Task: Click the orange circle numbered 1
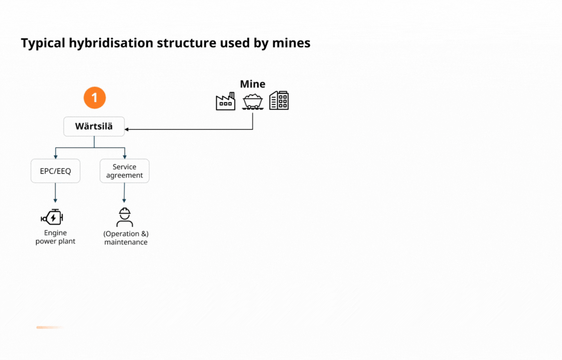[x=94, y=98]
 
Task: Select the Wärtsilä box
[x=94, y=126]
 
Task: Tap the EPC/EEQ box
[x=55, y=171]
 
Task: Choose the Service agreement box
[x=125, y=171]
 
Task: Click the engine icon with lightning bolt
[x=52, y=218]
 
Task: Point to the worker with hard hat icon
[x=125, y=217]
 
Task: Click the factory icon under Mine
[x=225, y=101]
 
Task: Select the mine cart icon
[x=253, y=101]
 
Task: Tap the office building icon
[x=279, y=100]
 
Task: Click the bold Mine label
[x=252, y=84]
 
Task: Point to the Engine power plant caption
[x=55, y=237]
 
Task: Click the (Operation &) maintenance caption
[x=126, y=238]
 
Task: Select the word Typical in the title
[x=43, y=43]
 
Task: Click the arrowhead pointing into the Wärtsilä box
[x=127, y=130]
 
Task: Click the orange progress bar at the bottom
[x=49, y=327]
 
